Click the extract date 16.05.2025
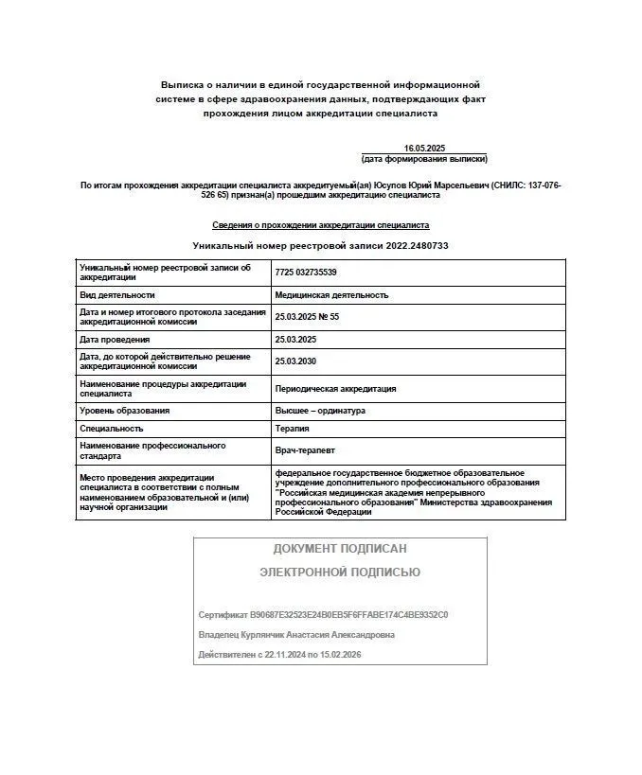[423, 149]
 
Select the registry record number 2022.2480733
[417, 245]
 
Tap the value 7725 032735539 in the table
[306, 273]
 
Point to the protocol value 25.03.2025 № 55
[307, 316]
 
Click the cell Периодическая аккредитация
[335, 388]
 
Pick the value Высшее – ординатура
[320, 411]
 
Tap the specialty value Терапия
[293, 429]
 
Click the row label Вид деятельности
[117, 295]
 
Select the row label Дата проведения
[116, 339]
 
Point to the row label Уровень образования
[125, 411]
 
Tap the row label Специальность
[112, 429]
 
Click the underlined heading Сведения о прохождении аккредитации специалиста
[320, 225]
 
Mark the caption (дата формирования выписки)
[423, 159]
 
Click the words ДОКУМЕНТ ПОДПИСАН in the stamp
[340, 548]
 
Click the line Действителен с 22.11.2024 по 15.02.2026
[280, 655]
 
